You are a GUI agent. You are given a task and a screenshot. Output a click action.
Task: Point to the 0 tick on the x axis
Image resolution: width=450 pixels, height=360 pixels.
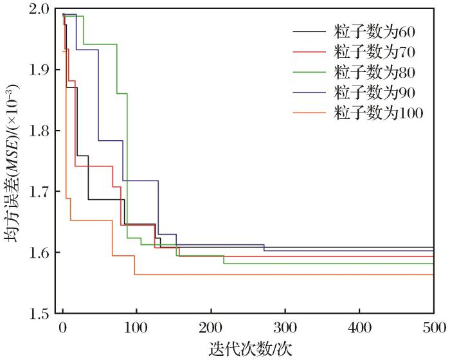pyautogui.click(x=62, y=327)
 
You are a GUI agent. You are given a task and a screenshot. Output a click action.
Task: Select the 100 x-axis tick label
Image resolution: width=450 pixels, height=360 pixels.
pyautogui.click(x=136, y=327)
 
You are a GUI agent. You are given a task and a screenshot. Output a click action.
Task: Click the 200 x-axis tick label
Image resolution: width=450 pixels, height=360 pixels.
pyautogui.click(x=211, y=327)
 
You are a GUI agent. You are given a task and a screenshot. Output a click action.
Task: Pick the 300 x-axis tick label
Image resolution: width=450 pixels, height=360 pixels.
pyautogui.click(x=285, y=327)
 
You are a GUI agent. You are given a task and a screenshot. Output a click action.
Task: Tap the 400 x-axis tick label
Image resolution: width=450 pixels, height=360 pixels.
pyautogui.click(x=359, y=327)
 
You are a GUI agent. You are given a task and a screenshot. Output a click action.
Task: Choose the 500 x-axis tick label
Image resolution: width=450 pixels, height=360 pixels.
pyautogui.click(x=432, y=327)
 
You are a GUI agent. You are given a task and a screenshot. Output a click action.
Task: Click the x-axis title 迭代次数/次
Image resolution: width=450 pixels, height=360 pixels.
pyautogui.click(x=247, y=348)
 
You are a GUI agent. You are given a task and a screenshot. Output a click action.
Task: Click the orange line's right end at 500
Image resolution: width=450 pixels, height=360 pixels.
pyautogui.click(x=433, y=274)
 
